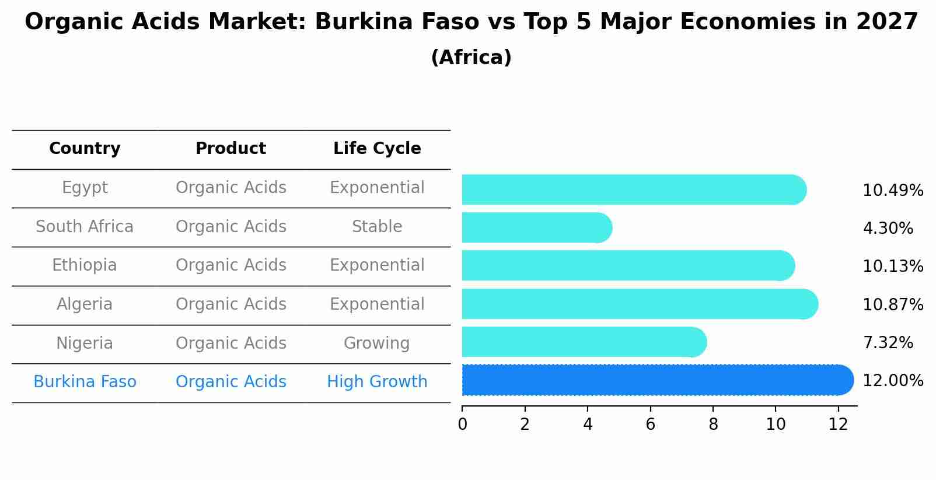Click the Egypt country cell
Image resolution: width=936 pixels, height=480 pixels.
click(x=85, y=188)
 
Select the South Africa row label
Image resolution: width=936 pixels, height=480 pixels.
click(x=85, y=227)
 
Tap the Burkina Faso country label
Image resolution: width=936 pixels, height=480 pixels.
click(x=85, y=382)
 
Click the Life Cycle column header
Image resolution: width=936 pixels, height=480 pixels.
click(x=377, y=149)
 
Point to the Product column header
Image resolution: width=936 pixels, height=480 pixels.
click(x=230, y=149)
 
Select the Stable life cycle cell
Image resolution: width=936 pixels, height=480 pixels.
click(x=377, y=227)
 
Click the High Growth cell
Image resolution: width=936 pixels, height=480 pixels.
click(x=377, y=382)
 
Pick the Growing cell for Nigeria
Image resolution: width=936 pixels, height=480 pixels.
click(x=377, y=344)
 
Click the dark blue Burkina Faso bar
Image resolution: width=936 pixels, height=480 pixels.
click(x=654, y=380)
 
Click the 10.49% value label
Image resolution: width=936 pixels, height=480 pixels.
click(x=893, y=191)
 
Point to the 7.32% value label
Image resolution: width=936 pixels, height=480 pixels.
click(x=888, y=343)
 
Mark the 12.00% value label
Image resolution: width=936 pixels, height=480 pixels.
click(x=893, y=381)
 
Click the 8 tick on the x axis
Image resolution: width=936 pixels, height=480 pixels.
click(x=713, y=425)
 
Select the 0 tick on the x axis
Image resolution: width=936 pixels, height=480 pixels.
click(x=463, y=425)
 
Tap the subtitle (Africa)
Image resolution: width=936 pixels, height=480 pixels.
click(x=471, y=58)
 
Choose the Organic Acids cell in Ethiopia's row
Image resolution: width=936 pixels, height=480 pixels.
click(x=230, y=265)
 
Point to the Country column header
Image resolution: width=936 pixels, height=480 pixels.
click(x=85, y=149)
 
